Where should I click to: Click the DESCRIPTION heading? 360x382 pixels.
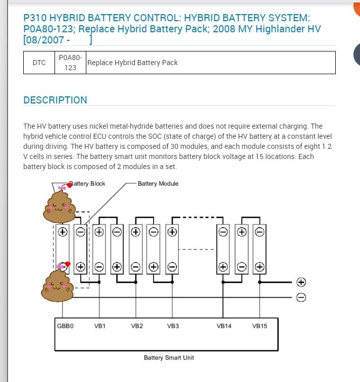[55, 100]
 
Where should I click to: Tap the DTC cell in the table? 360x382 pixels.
[39, 63]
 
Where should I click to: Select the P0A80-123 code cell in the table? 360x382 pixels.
[70, 63]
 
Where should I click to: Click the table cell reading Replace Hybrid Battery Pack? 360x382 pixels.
[132, 63]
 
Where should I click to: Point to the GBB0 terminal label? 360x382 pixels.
[65, 326]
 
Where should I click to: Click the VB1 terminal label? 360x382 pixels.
[99, 326]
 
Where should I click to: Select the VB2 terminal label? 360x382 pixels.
[137, 326]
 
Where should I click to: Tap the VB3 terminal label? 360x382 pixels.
[173, 326]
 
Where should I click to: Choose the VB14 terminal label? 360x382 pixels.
[224, 326]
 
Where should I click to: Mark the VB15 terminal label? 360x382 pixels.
[260, 326]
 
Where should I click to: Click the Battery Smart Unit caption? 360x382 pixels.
[169, 358]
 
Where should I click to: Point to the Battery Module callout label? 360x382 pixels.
[158, 184]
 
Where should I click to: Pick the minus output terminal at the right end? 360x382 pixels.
[301, 297]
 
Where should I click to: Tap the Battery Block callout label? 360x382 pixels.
[88, 184]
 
